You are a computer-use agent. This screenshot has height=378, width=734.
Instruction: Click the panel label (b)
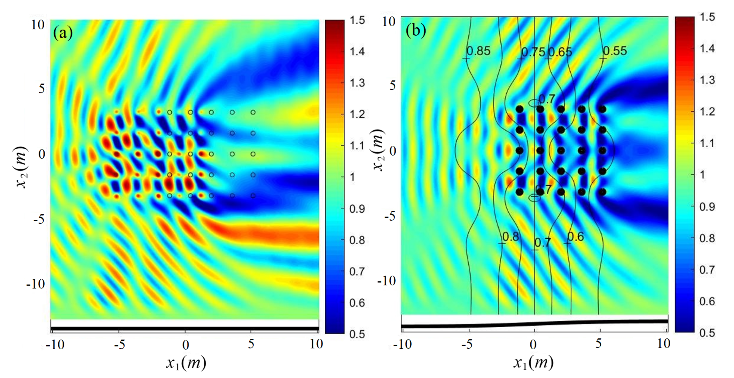(416, 30)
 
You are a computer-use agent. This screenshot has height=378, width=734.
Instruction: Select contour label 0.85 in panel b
(478, 51)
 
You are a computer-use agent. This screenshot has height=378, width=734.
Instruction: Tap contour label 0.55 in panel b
(615, 51)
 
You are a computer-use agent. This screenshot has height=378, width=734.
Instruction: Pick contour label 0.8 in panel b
(511, 237)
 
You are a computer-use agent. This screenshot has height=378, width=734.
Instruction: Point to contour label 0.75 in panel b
(533, 52)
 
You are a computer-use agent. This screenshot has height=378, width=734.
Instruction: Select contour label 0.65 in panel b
(560, 52)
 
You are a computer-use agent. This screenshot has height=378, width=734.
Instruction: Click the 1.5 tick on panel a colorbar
(357, 20)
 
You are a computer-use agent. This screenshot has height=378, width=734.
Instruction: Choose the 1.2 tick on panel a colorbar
(357, 114)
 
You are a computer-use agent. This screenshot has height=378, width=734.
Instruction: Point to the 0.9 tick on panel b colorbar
(707, 206)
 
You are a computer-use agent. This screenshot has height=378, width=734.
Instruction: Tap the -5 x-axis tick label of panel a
(119, 345)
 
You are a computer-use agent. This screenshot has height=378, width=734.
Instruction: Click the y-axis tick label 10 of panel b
(389, 22)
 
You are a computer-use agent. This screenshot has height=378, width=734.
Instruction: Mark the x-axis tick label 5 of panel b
(599, 344)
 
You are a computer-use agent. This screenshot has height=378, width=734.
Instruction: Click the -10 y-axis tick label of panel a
(36, 284)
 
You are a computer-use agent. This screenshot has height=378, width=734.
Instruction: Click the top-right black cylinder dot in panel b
(602, 109)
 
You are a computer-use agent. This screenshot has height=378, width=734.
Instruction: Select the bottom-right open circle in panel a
(253, 196)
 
